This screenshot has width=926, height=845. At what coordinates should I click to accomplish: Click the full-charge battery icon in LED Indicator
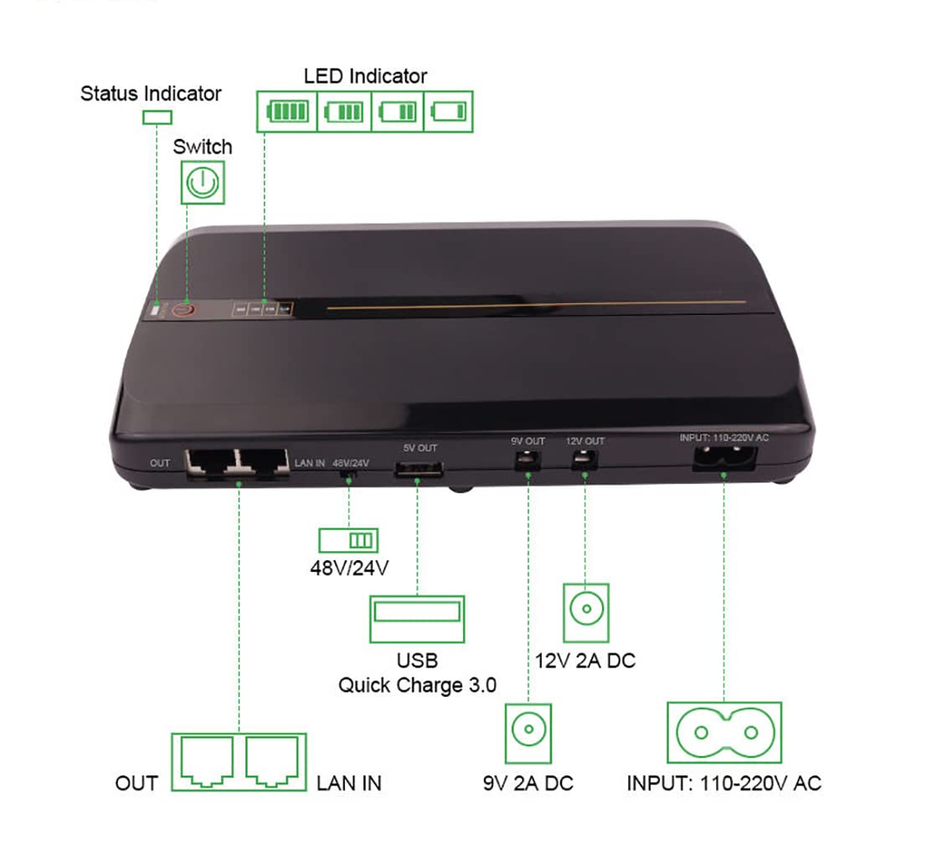pos(287,111)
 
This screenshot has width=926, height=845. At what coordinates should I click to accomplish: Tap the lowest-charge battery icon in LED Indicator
pos(449,111)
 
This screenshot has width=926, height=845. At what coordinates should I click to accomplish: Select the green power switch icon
pos(203,181)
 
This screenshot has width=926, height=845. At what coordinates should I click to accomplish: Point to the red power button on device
pos(185,310)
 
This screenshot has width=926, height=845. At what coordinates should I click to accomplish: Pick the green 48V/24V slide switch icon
pos(348,538)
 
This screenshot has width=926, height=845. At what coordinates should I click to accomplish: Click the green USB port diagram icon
pos(417,619)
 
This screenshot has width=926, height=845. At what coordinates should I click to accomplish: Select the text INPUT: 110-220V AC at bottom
pos(724,784)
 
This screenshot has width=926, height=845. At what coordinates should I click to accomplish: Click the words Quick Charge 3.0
pos(417,685)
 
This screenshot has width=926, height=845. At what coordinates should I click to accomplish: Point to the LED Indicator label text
pos(365,76)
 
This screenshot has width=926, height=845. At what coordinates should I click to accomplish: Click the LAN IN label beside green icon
pos(349,784)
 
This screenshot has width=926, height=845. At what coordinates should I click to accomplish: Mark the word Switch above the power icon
pos(203,147)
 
